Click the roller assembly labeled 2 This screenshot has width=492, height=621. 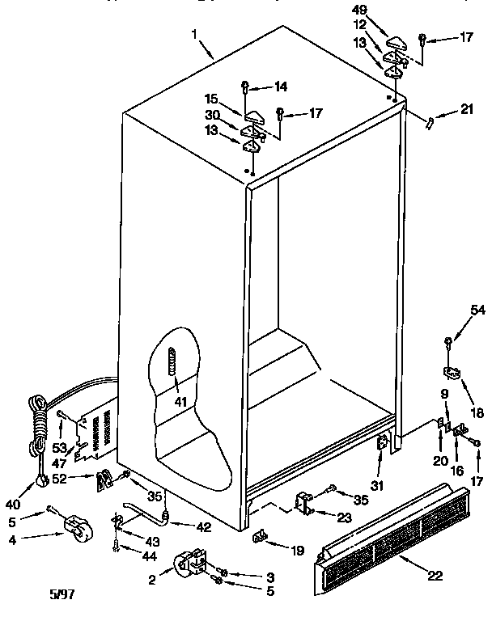coord(188,563)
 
